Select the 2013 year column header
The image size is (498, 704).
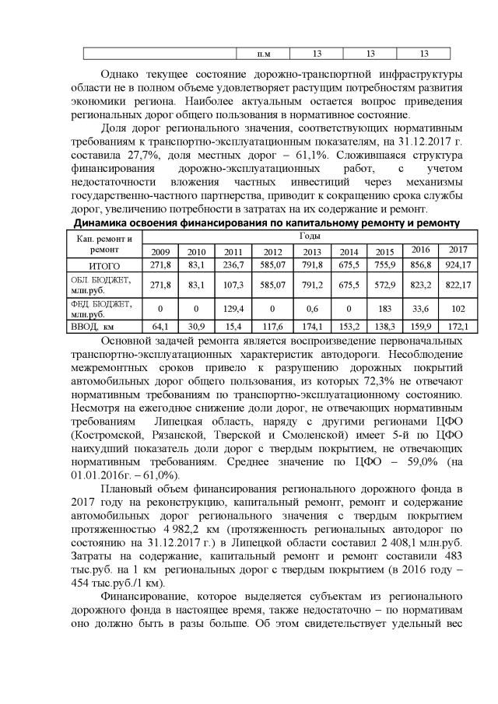(x=312, y=251)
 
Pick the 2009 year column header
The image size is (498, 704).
(x=160, y=251)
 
